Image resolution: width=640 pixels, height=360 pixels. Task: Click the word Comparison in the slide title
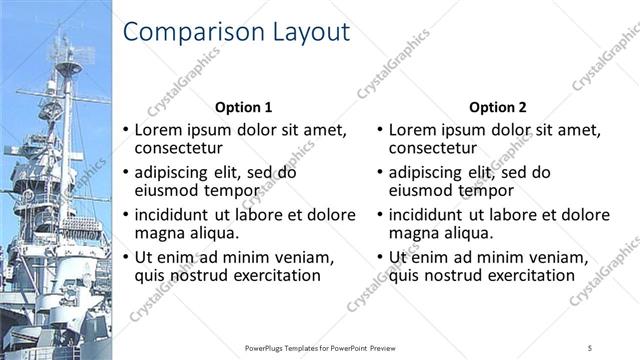click(182, 33)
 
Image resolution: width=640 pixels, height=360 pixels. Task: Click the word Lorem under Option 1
click(160, 130)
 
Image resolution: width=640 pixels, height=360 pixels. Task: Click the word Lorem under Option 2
click(414, 130)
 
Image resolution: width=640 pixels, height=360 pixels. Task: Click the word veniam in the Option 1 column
click(300, 257)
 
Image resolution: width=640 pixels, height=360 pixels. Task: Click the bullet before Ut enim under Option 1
click(125, 257)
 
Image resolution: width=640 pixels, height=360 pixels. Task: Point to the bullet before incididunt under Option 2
click(379, 215)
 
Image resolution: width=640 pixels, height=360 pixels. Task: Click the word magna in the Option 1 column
click(159, 233)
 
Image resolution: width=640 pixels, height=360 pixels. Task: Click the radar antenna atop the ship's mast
click(68, 66)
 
